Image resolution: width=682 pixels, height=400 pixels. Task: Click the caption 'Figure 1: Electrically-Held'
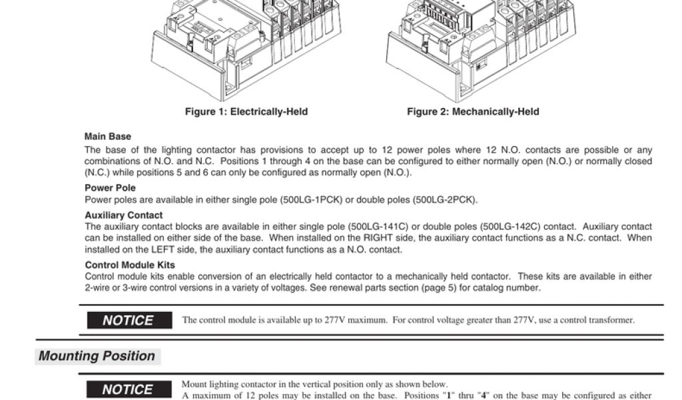tap(246, 112)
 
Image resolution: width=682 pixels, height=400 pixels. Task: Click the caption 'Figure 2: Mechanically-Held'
tap(473, 112)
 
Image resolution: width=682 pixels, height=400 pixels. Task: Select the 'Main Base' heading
tap(108, 137)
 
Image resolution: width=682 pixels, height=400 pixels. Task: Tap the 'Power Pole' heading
tap(110, 188)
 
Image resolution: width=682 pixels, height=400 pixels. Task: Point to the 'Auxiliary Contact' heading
tap(123, 215)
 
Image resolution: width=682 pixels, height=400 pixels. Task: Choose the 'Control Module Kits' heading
tap(129, 265)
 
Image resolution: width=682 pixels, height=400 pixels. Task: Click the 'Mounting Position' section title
tap(97, 356)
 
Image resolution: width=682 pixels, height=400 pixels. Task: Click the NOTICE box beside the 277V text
tap(129, 321)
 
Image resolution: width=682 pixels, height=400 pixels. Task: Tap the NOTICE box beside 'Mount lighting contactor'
tap(129, 389)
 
